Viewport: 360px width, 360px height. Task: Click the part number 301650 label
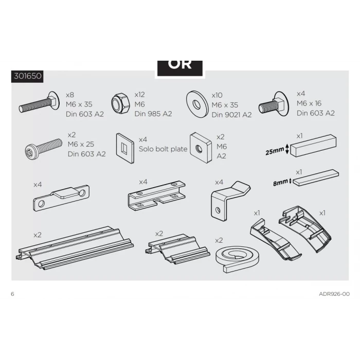click(28, 76)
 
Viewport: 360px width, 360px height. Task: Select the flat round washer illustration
click(197, 104)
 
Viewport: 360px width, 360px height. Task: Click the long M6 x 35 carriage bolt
click(39, 103)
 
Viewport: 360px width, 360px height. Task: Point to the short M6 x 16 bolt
click(274, 104)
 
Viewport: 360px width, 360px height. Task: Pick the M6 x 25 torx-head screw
click(43, 148)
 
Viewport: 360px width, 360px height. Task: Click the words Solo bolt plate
click(163, 149)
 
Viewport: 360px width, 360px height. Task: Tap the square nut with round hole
click(201, 148)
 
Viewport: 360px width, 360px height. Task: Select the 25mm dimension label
click(275, 151)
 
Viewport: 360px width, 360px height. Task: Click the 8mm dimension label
click(280, 183)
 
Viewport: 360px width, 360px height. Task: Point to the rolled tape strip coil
click(238, 259)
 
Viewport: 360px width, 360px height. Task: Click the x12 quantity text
click(139, 95)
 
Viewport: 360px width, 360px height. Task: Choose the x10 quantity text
click(217, 95)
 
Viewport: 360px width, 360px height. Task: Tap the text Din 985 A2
click(153, 114)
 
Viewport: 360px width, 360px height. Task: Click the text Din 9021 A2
click(231, 115)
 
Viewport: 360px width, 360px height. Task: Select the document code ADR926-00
click(334, 294)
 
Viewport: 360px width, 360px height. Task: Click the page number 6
click(12, 294)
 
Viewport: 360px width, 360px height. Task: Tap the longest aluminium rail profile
click(75, 247)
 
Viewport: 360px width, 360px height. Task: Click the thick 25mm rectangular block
click(313, 146)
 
